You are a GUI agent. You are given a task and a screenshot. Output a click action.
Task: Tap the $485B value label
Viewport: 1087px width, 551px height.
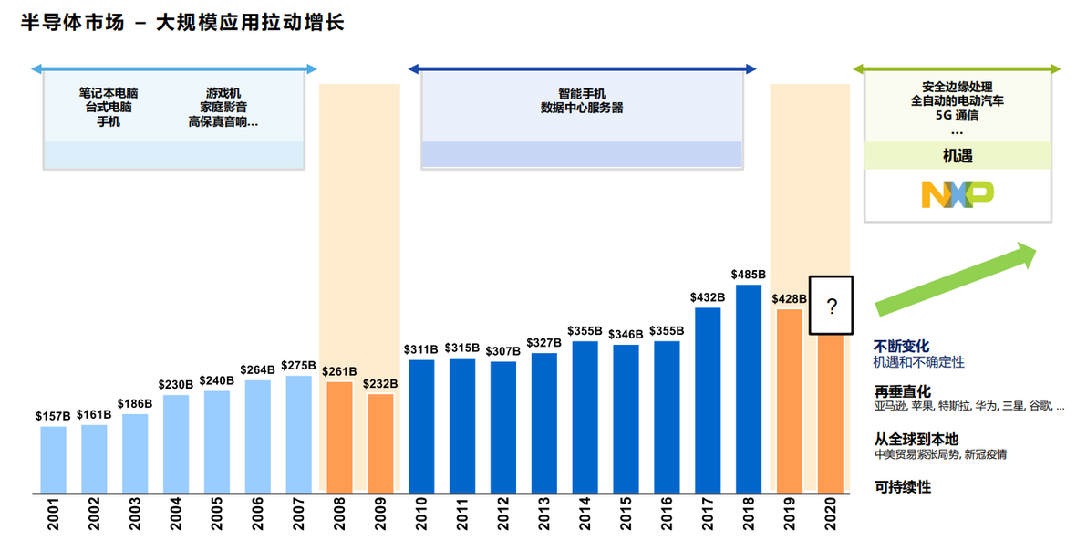[749, 274]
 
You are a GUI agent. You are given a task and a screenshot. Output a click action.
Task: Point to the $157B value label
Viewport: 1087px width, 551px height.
[53, 416]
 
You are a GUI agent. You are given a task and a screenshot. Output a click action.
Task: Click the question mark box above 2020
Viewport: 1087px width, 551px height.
[831, 307]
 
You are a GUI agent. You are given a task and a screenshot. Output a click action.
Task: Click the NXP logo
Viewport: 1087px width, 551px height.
[957, 193]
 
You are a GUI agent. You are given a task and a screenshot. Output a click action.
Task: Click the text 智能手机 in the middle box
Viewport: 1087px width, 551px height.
[582, 93]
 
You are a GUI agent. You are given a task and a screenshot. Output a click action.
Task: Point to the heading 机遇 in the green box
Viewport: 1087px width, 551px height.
[957, 156]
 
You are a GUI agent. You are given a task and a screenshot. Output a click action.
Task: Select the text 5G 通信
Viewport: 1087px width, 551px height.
[957, 115]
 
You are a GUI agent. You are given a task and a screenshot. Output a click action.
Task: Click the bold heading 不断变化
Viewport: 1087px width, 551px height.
[901, 347]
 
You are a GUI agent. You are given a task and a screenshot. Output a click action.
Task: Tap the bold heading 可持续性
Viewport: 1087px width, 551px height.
[901, 487]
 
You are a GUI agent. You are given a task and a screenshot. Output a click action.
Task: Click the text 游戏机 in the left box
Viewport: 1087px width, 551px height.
[223, 93]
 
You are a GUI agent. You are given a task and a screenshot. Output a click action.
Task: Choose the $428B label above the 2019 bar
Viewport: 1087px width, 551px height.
[790, 298]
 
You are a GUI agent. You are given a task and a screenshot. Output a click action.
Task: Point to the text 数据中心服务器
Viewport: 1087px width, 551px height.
[582, 108]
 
